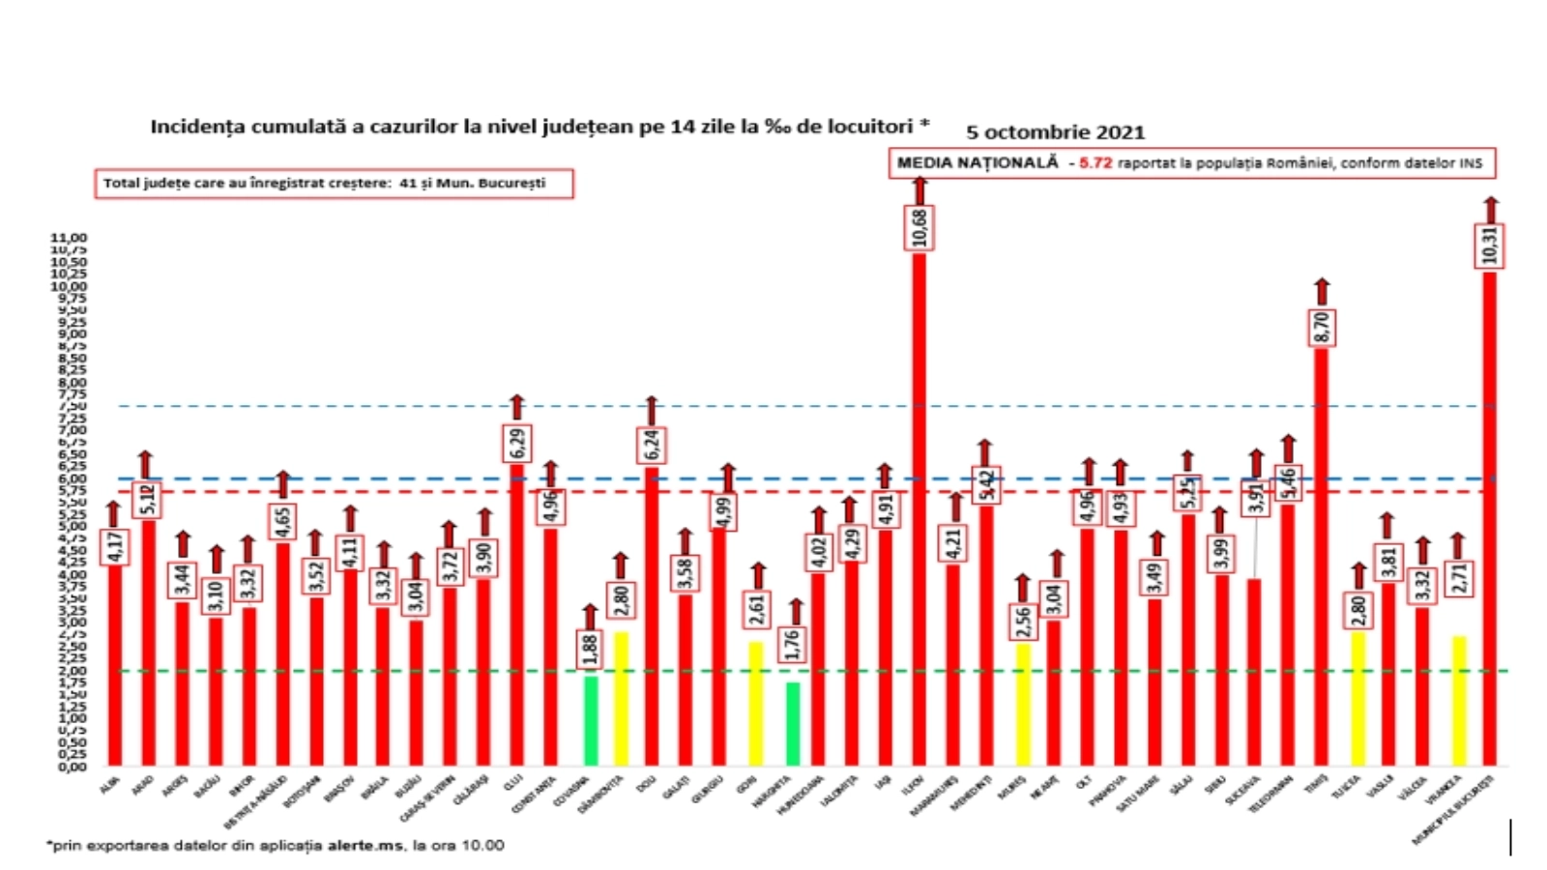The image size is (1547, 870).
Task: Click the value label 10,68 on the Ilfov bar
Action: click(919, 228)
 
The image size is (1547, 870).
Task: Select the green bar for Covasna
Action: click(590, 720)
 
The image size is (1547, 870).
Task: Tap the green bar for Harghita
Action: click(792, 724)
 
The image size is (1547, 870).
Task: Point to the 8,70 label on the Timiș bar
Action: click(1322, 328)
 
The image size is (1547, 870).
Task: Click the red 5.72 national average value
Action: click(1095, 163)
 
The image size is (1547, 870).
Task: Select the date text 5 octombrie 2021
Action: click(1055, 132)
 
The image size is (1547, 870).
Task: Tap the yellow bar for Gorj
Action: click(756, 703)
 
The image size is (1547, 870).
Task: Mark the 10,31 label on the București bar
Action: click(1490, 245)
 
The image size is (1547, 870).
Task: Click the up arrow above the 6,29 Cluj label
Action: click(517, 407)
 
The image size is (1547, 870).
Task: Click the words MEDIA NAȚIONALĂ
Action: click(978, 162)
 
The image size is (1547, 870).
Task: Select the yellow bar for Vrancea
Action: click(1458, 701)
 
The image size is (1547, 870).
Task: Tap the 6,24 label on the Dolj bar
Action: click(651, 445)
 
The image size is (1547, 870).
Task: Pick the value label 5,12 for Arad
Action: click(148, 500)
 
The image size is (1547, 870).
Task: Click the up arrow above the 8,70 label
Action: click(1322, 292)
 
